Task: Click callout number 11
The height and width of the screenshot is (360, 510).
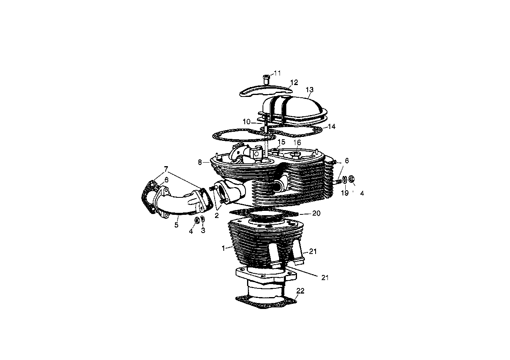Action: pyautogui.click(x=277, y=73)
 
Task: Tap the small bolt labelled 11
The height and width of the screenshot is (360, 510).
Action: pyautogui.click(x=266, y=78)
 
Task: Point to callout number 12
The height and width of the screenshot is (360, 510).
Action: pyautogui.click(x=293, y=82)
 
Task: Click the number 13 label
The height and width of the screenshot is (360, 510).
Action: pyautogui.click(x=309, y=90)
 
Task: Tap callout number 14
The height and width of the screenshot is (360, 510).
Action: pyautogui.click(x=331, y=127)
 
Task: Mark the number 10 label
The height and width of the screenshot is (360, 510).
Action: pyautogui.click(x=247, y=121)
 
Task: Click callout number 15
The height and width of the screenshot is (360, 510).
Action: pyautogui.click(x=281, y=142)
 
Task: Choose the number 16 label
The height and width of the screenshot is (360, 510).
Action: pyautogui.click(x=297, y=142)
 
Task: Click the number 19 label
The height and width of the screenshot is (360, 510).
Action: pyautogui.click(x=345, y=193)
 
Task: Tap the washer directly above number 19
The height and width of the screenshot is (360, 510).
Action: pyautogui.click(x=344, y=180)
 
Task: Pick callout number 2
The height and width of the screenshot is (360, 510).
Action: pyautogui.click(x=217, y=216)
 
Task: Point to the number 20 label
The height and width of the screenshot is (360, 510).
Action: pyautogui.click(x=316, y=213)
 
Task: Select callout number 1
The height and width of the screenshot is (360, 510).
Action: pyautogui.click(x=223, y=248)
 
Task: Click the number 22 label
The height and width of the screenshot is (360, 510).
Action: pyautogui.click(x=301, y=291)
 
